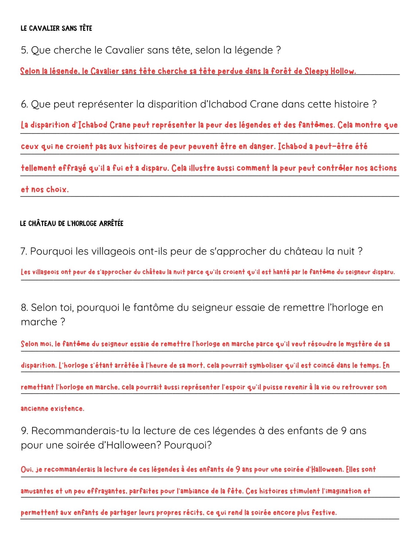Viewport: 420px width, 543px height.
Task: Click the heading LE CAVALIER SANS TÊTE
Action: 56,28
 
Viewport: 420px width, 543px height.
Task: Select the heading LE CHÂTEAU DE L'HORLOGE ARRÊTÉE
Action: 72,223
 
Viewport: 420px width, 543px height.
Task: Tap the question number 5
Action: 24,50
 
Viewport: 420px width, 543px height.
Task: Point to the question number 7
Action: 24,251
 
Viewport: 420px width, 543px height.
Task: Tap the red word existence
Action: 67,409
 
